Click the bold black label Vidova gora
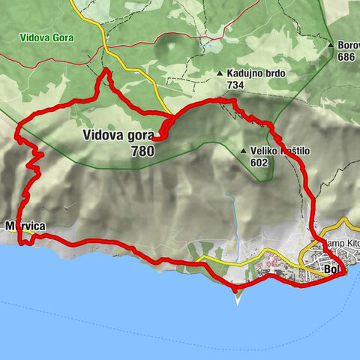pyautogui.click(x=118, y=136)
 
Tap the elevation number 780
pyautogui.click(x=142, y=151)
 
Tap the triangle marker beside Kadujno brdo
pyautogui.click(x=220, y=73)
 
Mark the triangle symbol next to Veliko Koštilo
pyautogui.click(x=244, y=151)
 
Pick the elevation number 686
pyautogui.click(x=346, y=56)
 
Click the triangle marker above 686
pyautogui.click(x=331, y=45)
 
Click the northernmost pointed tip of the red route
pyautogui.click(x=106, y=70)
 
